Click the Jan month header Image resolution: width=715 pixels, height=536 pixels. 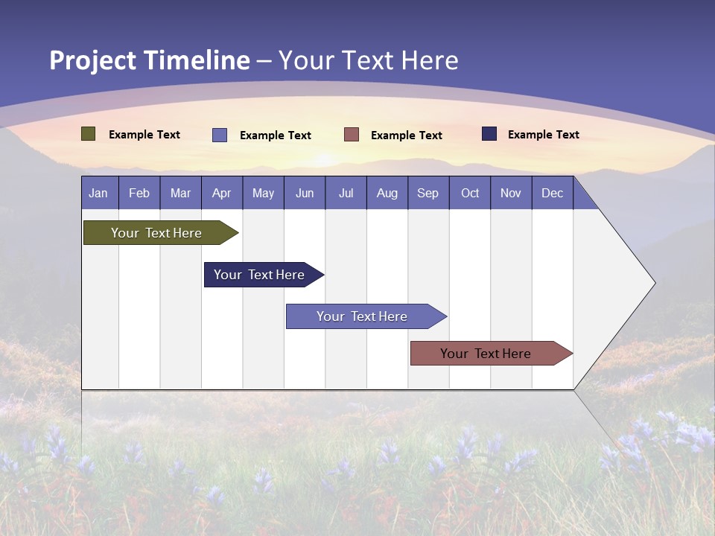click(x=98, y=194)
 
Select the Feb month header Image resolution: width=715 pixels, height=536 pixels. click(x=139, y=194)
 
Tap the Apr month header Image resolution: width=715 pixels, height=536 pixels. click(x=222, y=194)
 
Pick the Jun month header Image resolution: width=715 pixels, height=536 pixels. click(x=305, y=194)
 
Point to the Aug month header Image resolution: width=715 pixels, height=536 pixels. click(x=387, y=194)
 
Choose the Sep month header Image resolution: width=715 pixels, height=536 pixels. click(x=428, y=194)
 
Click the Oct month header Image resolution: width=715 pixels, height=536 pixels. click(x=470, y=194)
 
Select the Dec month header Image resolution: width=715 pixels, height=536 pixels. click(x=553, y=194)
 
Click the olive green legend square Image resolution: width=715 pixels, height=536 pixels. click(x=88, y=134)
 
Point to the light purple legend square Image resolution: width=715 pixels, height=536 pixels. click(x=220, y=135)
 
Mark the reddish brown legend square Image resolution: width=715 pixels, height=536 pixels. click(x=352, y=135)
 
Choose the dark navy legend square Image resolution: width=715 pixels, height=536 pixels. click(x=489, y=134)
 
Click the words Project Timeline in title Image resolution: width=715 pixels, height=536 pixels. click(x=149, y=60)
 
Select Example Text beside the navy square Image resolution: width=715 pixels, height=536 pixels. click(x=543, y=135)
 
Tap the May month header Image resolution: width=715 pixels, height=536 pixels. click(x=263, y=194)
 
